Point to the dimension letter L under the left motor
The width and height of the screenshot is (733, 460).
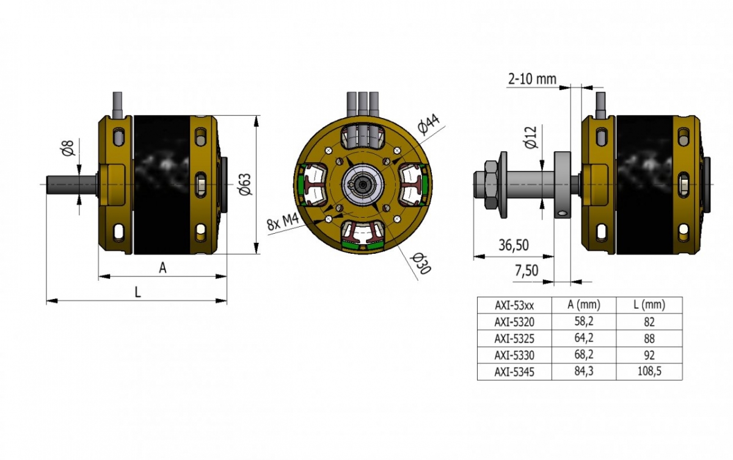(137, 292)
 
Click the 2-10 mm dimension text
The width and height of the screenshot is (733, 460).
(531, 79)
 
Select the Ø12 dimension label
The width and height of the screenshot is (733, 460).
(530, 138)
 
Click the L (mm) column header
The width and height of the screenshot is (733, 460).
(649, 305)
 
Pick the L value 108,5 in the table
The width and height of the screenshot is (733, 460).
(649, 371)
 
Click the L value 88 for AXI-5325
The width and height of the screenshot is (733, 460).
(649, 338)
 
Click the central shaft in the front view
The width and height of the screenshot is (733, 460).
(364, 184)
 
